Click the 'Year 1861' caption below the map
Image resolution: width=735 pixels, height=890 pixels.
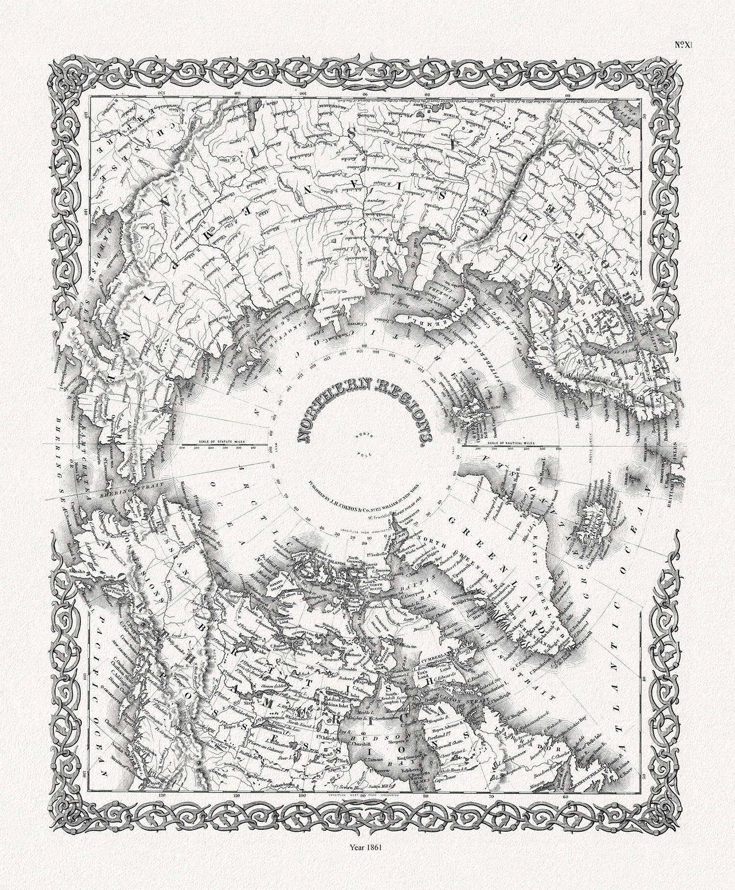367,873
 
